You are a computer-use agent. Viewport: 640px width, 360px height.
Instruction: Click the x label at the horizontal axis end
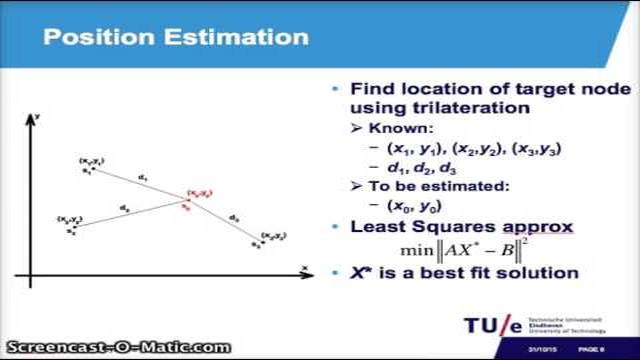pyautogui.click(x=303, y=267)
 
